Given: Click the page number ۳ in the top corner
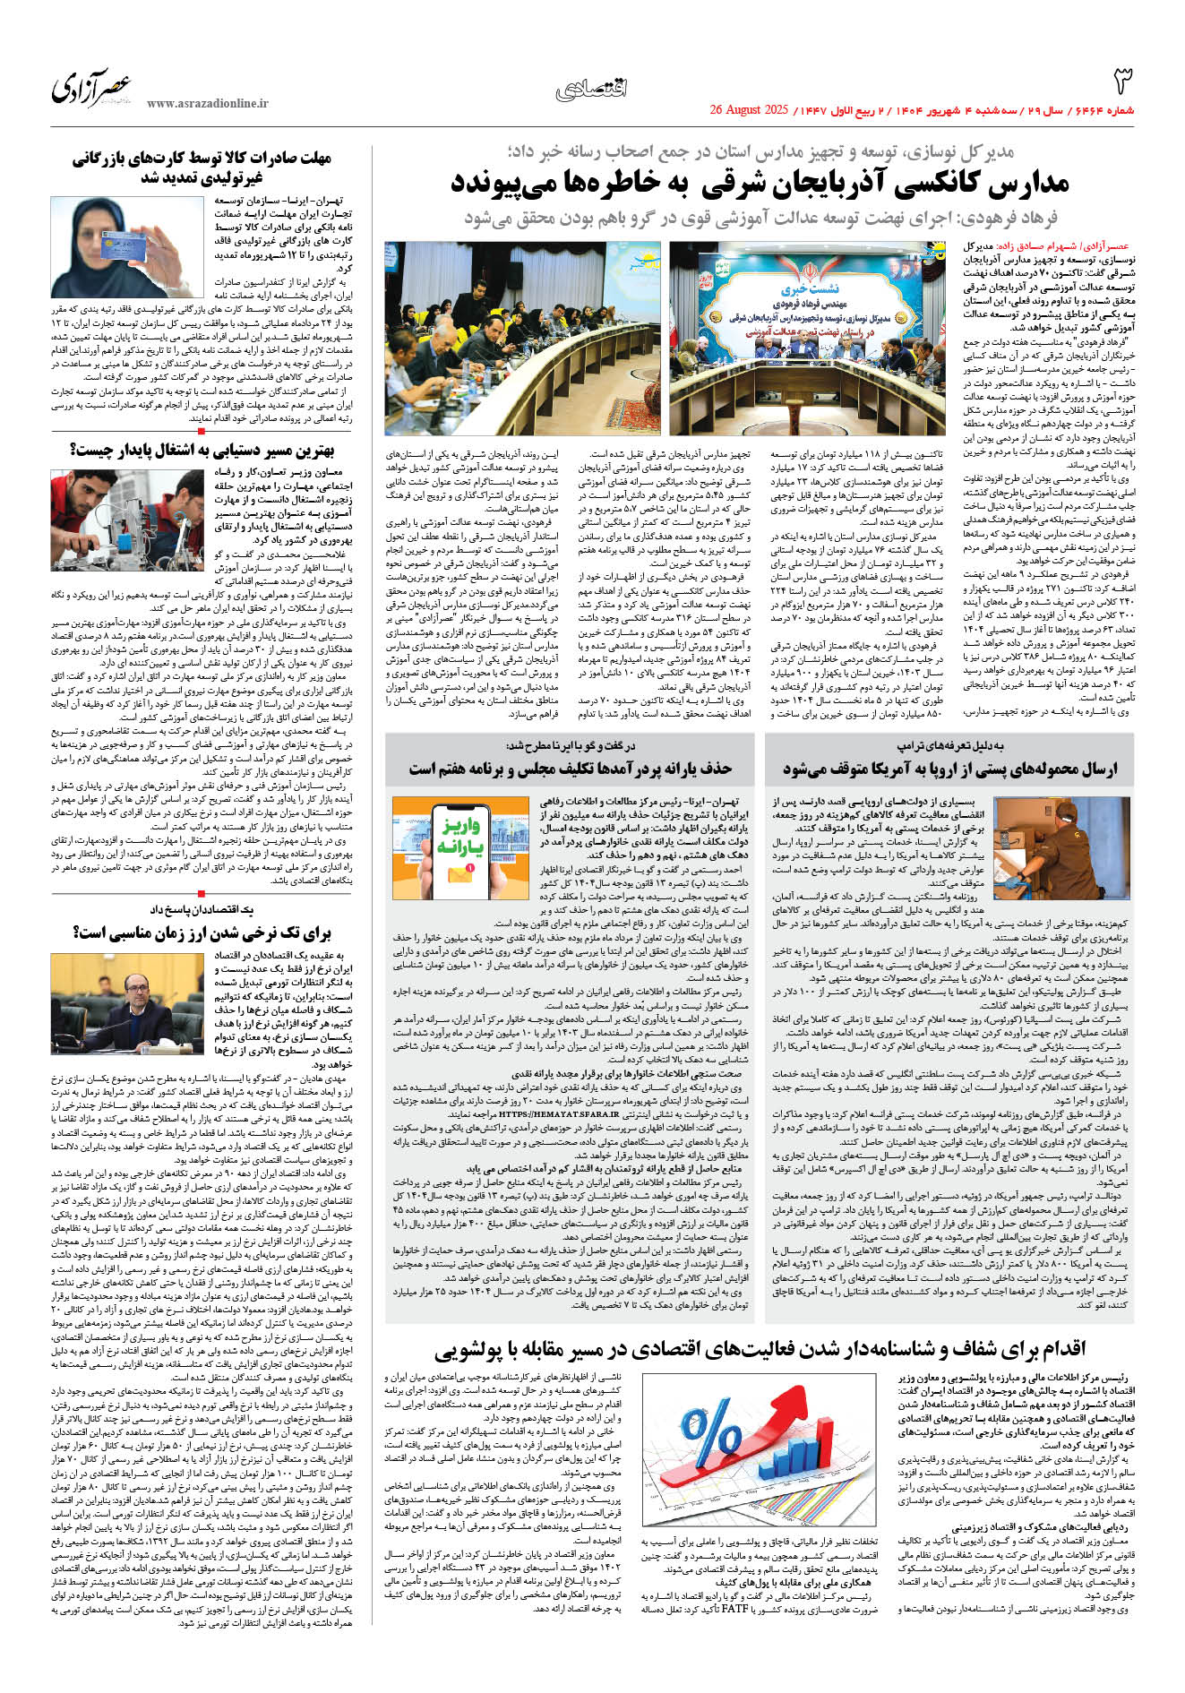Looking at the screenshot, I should [x=1122, y=82].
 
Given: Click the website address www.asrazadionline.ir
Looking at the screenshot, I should [x=208, y=104].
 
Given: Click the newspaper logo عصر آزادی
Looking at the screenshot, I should [x=91, y=88].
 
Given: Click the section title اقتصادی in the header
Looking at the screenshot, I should [x=591, y=88].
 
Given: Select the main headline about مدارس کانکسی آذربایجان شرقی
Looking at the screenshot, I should [x=760, y=184].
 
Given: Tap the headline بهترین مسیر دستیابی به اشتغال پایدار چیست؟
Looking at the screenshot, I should [x=202, y=450].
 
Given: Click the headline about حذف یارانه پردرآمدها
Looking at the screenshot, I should [x=571, y=769].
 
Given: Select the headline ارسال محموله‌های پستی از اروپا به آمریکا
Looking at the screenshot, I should [x=949, y=769].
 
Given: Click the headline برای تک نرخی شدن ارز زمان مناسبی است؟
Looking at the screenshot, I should [x=202, y=932].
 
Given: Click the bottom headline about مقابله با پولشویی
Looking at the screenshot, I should [x=759, y=1349].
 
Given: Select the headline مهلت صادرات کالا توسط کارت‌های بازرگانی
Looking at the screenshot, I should [x=202, y=168].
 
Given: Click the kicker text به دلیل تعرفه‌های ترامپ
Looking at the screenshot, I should [x=950, y=746].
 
